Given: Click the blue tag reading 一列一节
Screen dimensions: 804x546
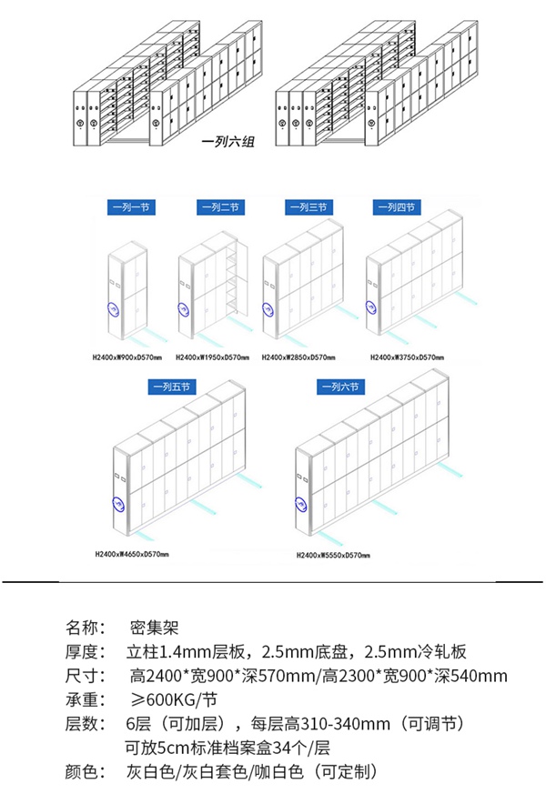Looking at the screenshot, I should pyautogui.click(x=131, y=207).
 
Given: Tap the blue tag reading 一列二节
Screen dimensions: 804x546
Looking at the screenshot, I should pyautogui.click(x=218, y=207).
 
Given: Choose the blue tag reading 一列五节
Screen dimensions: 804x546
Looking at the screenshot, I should pyautogui.click(x=170, y=387).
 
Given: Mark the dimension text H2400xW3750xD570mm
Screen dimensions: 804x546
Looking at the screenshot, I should pyautogui.click(x=410, y=357).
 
